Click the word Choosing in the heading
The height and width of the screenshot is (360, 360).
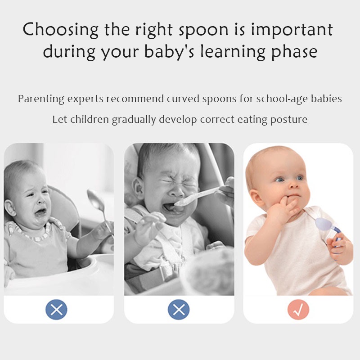(x=60, y=30)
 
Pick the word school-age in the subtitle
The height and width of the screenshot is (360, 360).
(x=281, y=99)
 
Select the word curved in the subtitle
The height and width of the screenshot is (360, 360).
(x=182, y=99)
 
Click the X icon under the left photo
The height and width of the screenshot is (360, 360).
(x=56, y=310)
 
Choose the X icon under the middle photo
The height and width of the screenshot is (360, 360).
(x=179, y=310)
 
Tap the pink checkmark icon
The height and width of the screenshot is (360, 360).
(x=298, y=310)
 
